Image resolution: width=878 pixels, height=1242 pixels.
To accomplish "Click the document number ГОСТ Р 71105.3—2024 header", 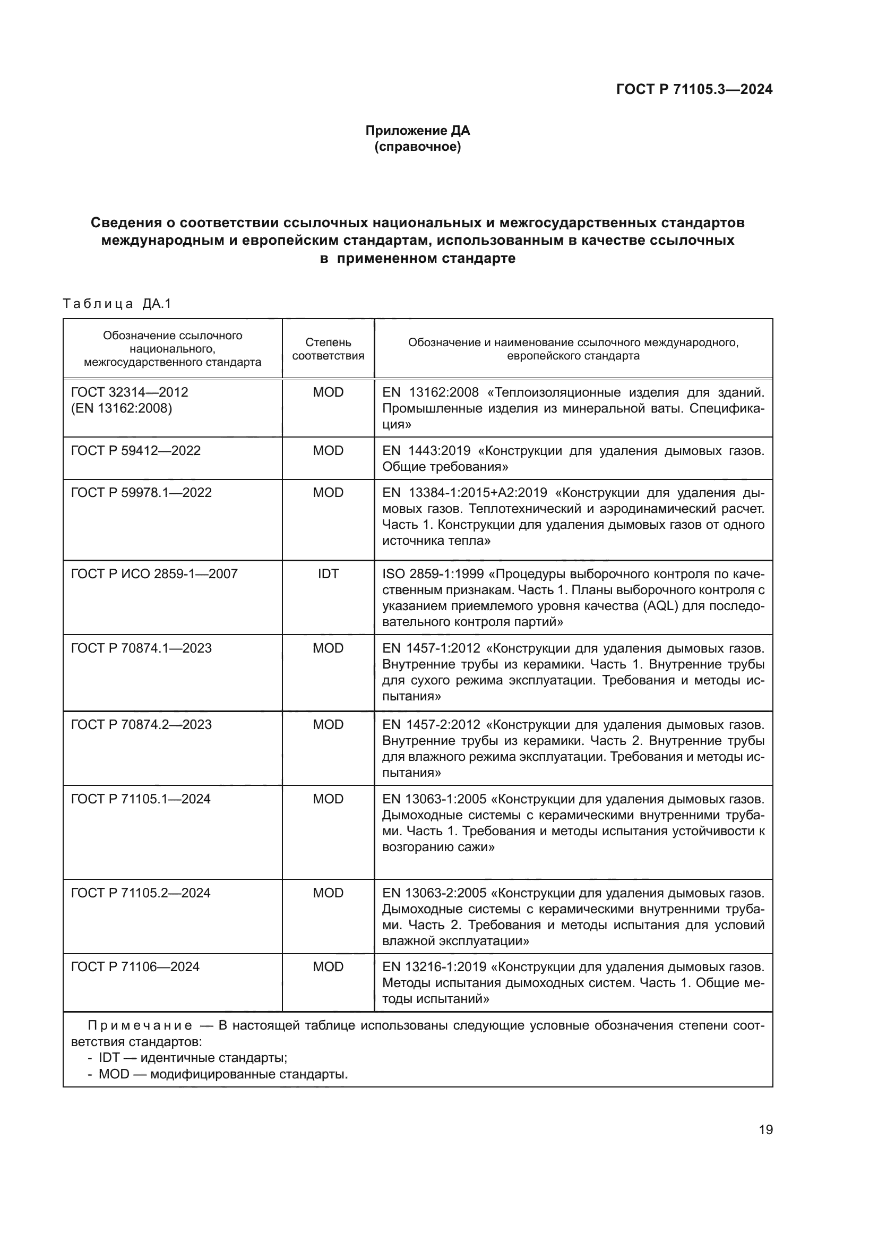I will (694, 90).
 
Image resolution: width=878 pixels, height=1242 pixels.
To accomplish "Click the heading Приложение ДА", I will (417, 131).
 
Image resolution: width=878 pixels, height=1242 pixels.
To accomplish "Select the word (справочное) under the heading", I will (417, 147).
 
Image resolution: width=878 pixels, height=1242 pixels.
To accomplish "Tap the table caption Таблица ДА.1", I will (117, 304).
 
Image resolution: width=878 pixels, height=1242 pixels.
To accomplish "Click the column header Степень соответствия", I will (328, 349).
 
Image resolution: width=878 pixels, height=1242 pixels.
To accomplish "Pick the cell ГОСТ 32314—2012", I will (130, 392).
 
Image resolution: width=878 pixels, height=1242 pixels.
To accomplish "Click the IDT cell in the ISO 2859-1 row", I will (328, 574).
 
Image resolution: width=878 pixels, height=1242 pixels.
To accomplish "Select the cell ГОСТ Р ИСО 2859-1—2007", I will (154, 574).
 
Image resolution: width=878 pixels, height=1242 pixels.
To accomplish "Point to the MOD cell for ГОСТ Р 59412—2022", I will (328, 451).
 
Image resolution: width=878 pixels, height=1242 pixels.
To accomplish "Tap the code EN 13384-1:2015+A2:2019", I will (464, 493).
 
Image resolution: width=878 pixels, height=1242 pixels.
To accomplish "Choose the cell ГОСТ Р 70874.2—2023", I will (141, 725).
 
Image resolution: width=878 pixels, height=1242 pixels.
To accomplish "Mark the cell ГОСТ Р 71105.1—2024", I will (141, 799).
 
